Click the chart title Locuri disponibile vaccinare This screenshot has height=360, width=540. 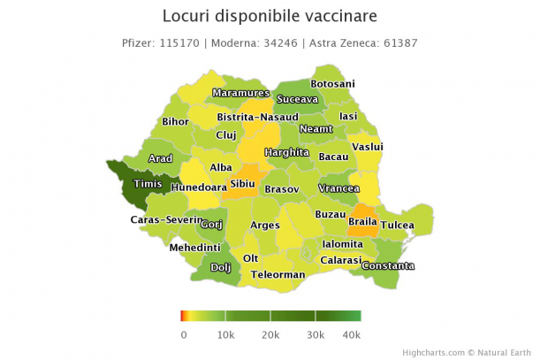(270, 17)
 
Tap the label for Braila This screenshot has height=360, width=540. (362, 220)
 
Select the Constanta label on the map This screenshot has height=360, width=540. (387, 265)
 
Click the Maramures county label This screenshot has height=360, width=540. (240, 93)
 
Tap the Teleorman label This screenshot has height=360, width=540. (278, 275)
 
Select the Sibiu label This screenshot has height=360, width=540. (242, 184)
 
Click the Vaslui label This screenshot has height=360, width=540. (367, 146)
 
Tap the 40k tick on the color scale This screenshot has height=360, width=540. (352, 334)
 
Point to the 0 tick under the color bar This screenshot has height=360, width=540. (183, 334)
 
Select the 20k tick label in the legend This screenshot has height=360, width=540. (270, 334)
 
